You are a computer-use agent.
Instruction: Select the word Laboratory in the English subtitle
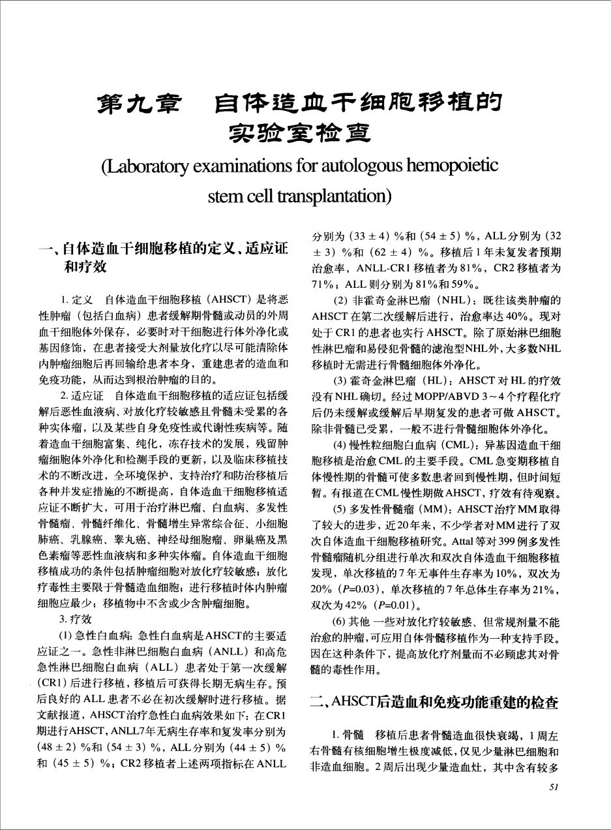(x=151, y=167)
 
